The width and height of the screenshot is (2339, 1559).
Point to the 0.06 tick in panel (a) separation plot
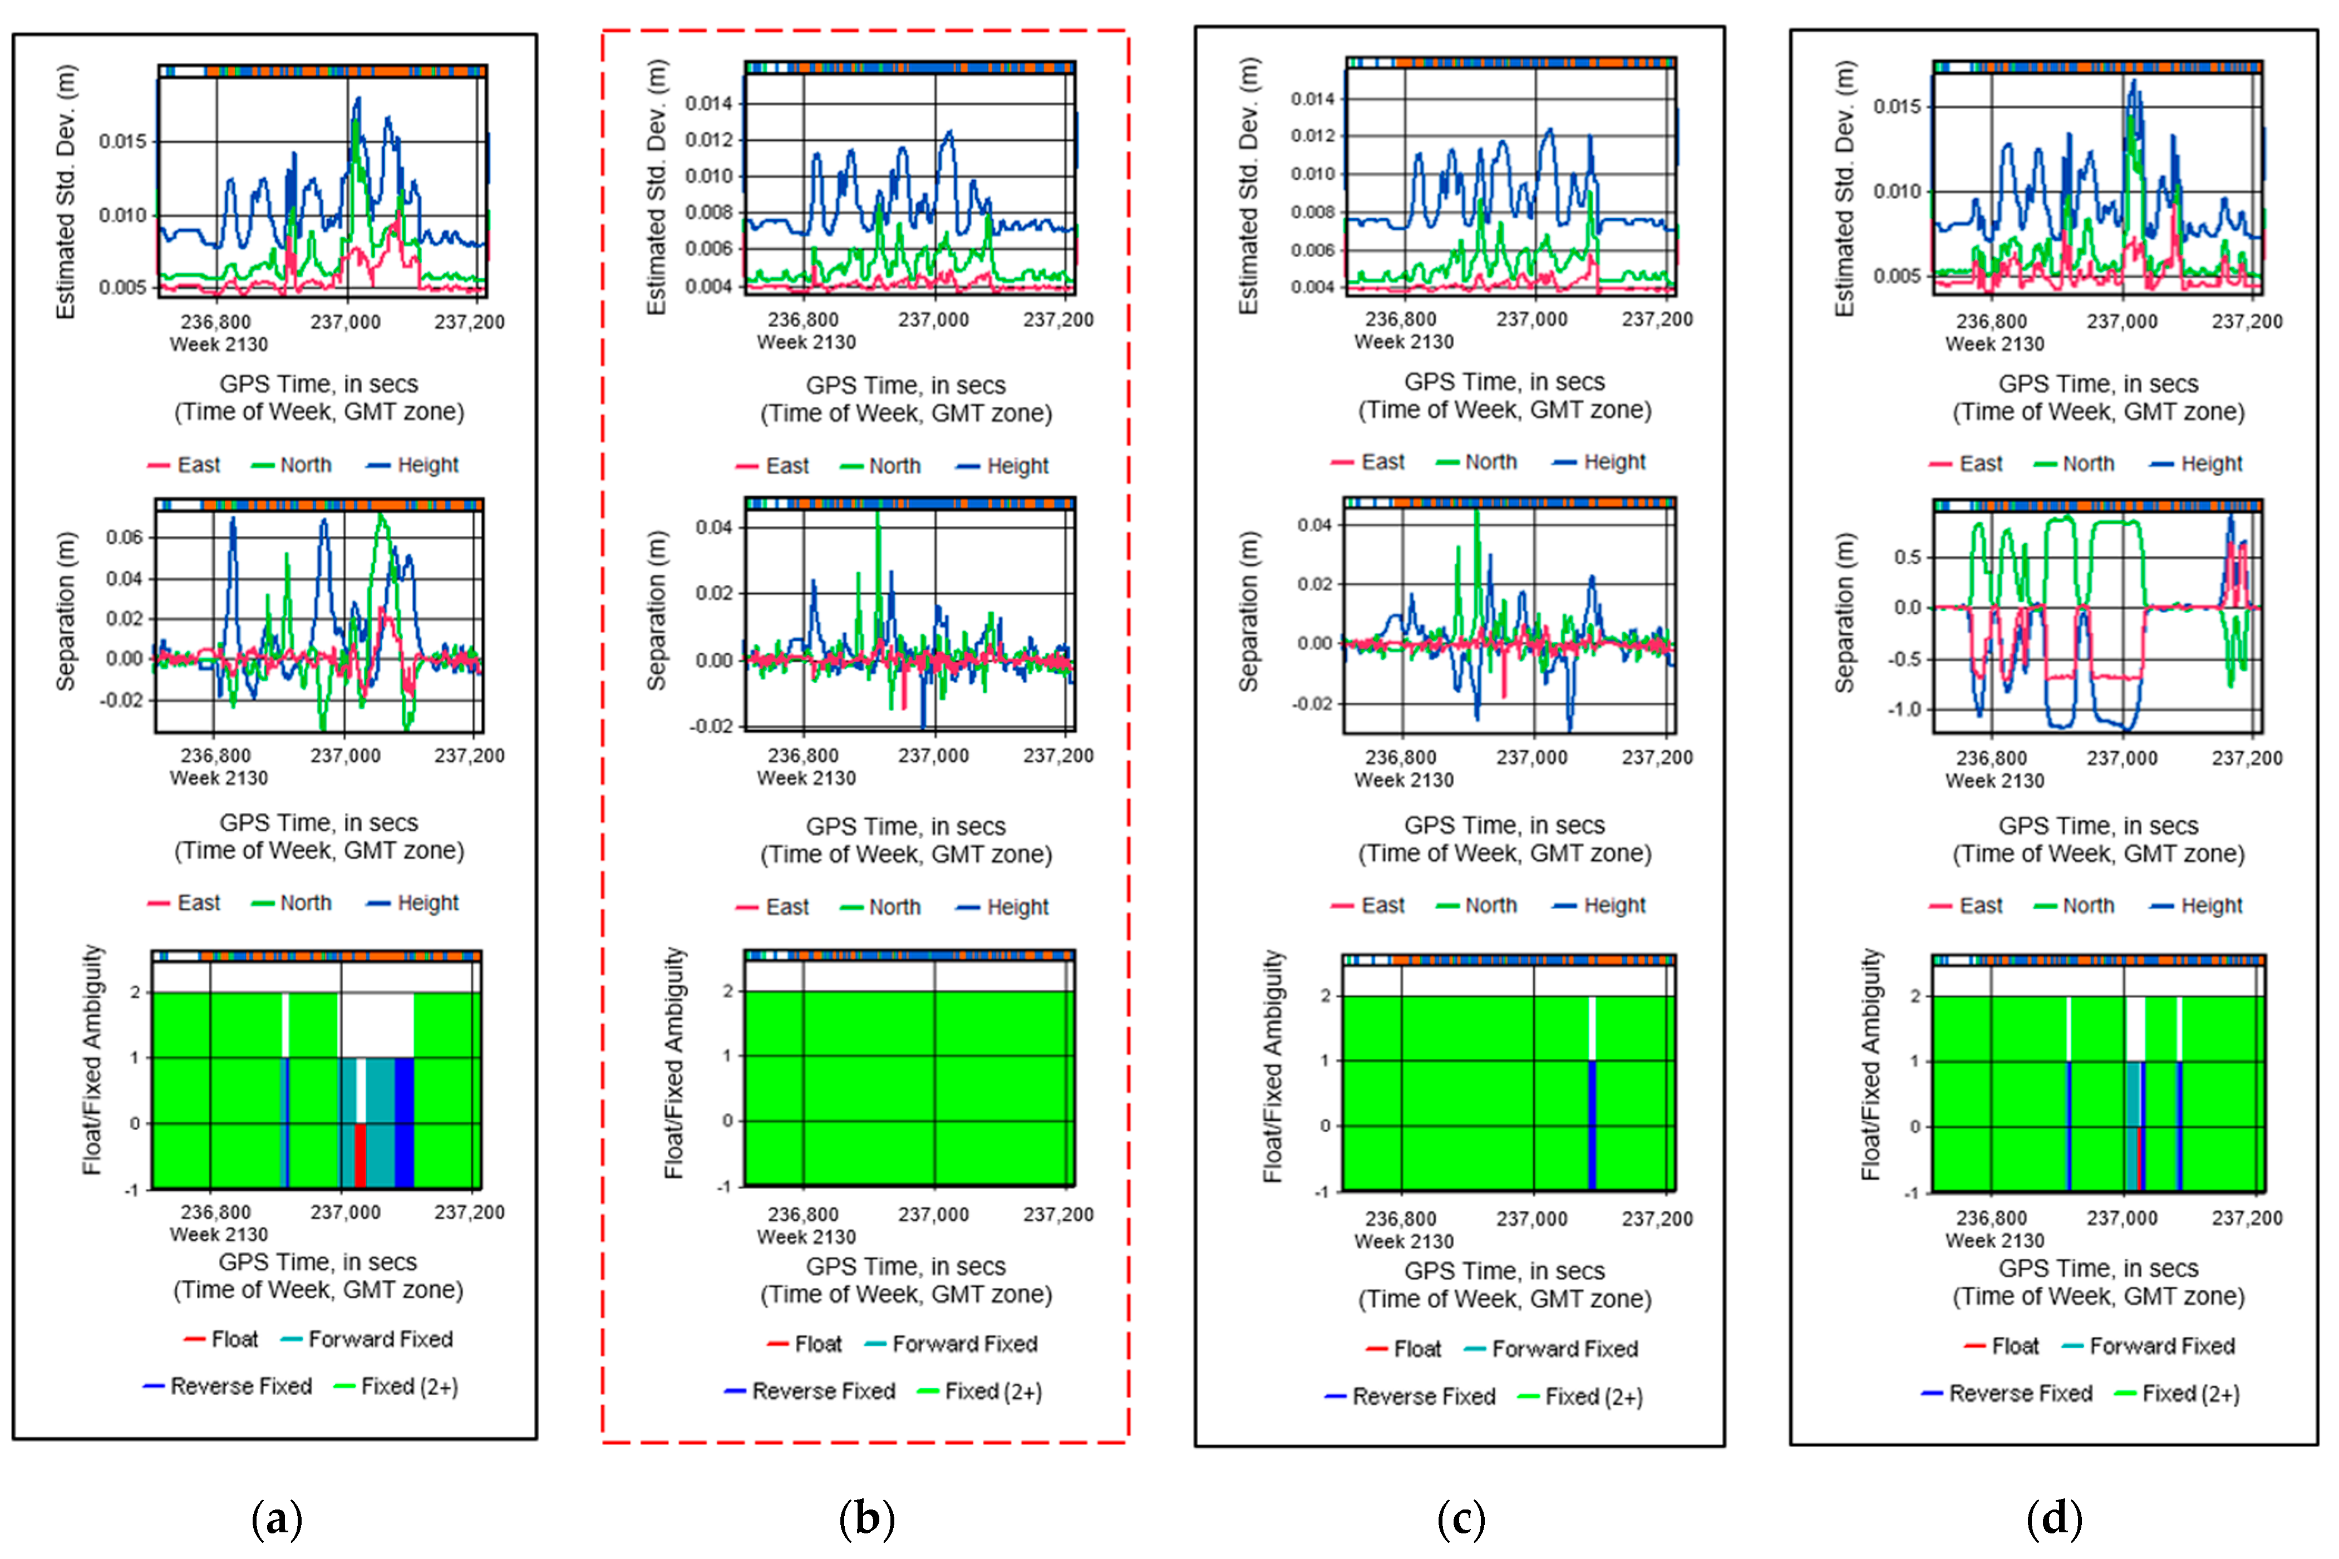pyautogui.click(x=124, y=538)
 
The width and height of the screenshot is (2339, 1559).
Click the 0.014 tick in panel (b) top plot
pyautogui.click(x=708, y=103)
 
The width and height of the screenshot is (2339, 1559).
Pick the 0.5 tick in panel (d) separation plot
pyautogui.click(x=1907, y=557)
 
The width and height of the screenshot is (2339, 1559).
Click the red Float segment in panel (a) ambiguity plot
pyautogui.click(x=360, y=1155)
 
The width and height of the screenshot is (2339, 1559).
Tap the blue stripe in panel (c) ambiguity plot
pyautogui.click(x=1592, y=1123)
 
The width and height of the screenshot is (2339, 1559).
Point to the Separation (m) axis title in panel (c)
pyautogui.click(x=1248, y=611)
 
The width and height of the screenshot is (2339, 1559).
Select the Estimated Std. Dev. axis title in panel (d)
pyautogui.click(x=1845, y=189)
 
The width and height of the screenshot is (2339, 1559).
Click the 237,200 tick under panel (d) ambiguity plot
pyautogui.click(x=2247, y=1218)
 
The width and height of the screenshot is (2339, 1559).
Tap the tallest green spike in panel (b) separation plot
pyautogui.click(x=878, y=517)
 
